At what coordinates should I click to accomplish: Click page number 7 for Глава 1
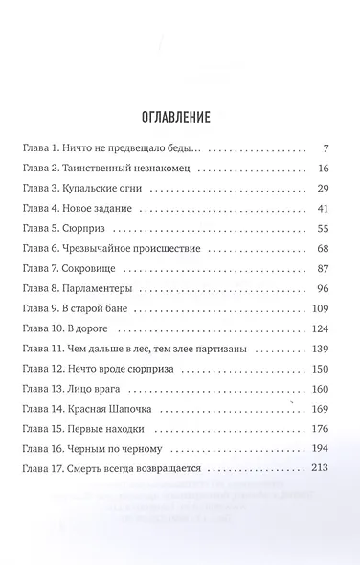click(x=326, y=149)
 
